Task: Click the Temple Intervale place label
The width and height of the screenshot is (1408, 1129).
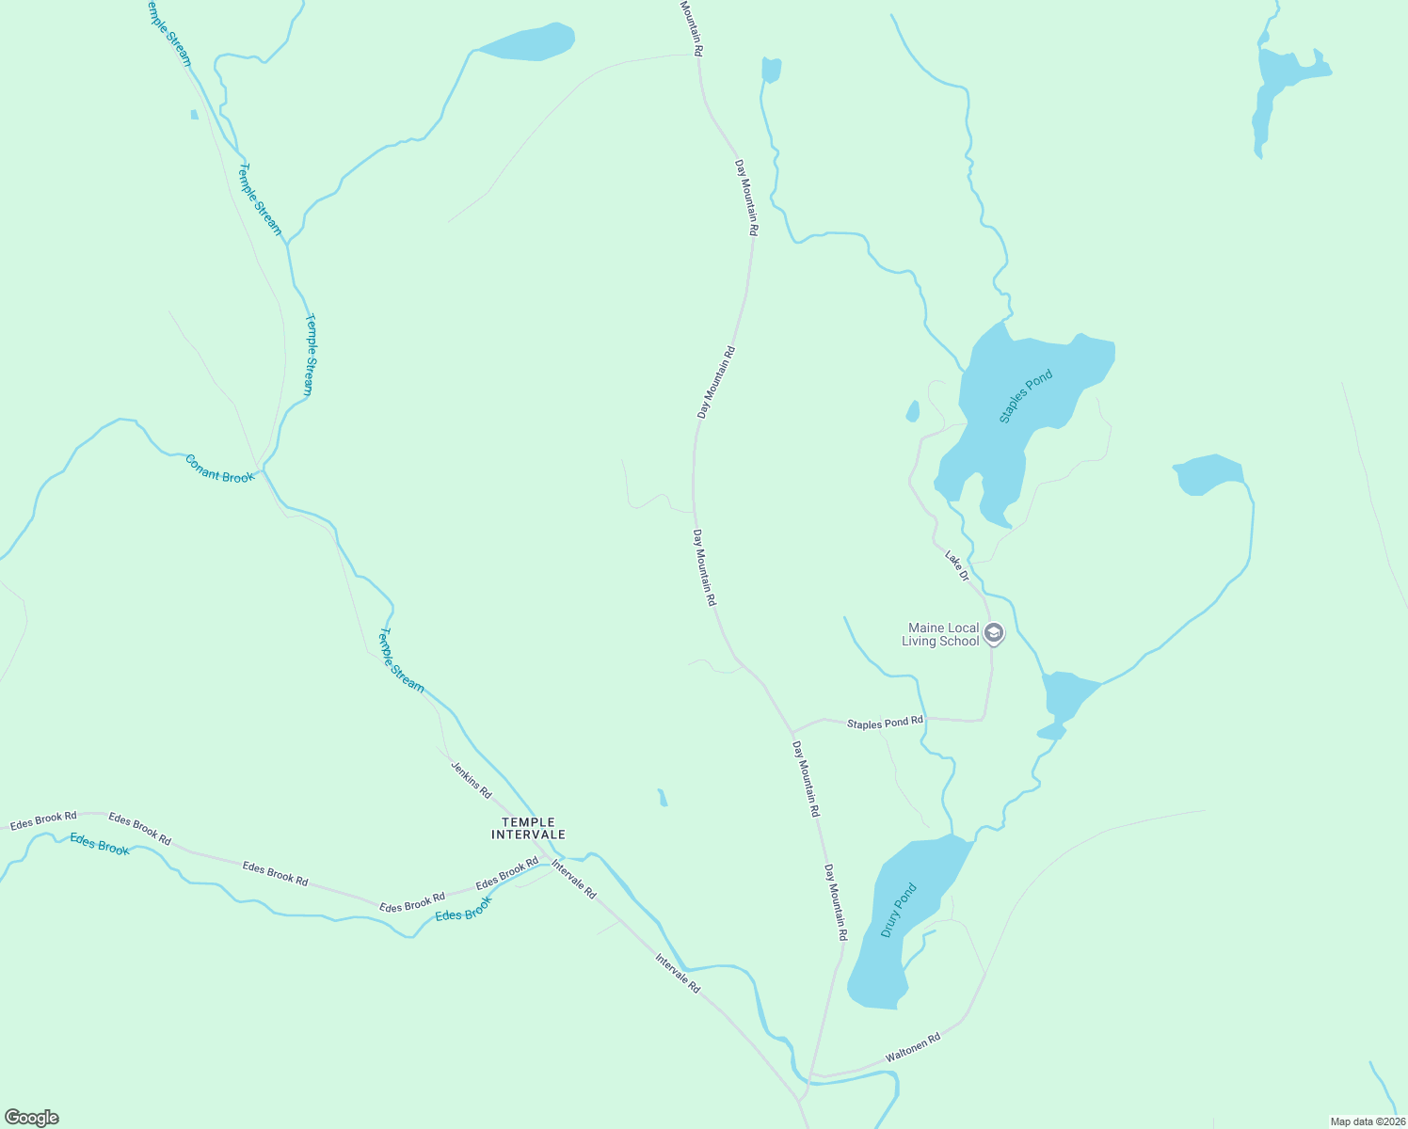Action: (528, 828)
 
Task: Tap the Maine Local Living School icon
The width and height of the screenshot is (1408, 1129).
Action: (994, 634)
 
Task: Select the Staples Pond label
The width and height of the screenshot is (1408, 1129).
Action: (1025, 396)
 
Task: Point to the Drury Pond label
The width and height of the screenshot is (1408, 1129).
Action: (898, 910)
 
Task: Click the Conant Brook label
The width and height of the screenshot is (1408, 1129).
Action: (219, 469)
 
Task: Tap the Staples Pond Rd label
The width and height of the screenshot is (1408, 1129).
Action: (885, 723)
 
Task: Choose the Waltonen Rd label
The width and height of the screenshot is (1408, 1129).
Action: (913, 1049)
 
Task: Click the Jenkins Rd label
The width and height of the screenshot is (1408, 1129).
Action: (471, 780)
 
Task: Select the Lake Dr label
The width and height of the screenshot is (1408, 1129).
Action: (957, 565)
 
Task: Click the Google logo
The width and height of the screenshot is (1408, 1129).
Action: (31, 1118)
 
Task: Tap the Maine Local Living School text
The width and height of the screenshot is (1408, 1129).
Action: (941, 634)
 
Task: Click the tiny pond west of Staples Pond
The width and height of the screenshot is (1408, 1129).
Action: (912, 411)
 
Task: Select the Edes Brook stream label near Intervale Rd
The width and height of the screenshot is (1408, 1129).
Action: (464, 909)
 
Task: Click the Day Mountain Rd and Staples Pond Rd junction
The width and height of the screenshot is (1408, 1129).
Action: (792, 731)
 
